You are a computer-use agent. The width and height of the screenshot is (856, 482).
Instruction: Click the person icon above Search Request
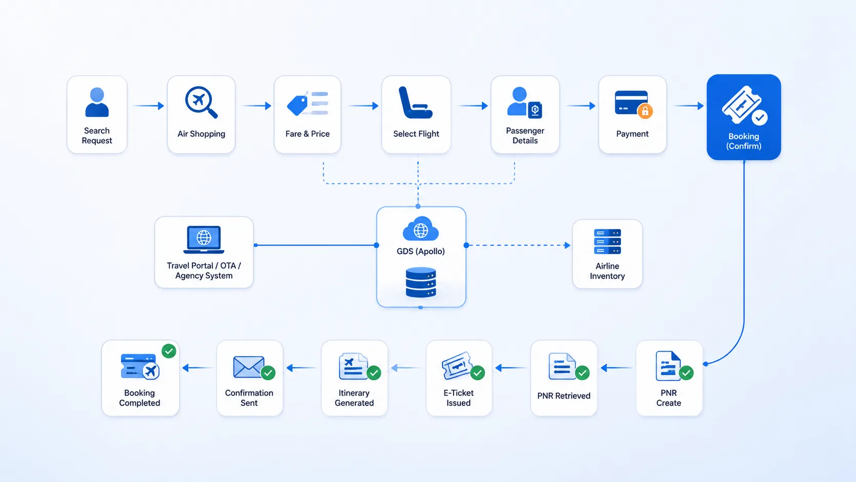(97, 102)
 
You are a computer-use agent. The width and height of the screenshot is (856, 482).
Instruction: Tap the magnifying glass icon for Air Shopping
(201, 102)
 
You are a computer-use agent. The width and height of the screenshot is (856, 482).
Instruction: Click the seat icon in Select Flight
(415, 102)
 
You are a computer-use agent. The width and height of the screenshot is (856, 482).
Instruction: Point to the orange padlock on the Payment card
(645, 111)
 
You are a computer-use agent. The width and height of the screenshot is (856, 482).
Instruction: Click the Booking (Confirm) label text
(744, 141)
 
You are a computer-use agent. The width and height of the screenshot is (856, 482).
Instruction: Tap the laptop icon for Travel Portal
(204, 240)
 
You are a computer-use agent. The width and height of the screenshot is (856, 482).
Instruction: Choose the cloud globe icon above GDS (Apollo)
(420, 228)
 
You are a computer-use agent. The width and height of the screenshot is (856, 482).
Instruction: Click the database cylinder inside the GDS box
(421, 282)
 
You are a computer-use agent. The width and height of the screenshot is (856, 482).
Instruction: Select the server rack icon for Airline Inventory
(607, 242)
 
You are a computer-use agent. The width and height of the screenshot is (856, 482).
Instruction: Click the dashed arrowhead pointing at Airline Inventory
(567, 245)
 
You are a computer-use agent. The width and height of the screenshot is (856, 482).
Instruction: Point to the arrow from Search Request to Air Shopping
(148, 106)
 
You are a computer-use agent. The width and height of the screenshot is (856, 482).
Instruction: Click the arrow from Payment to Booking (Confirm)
(689, 106)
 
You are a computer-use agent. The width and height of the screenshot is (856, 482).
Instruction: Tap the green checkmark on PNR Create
(687, 373)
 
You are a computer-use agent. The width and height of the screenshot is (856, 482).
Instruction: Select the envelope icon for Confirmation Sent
(248, 367)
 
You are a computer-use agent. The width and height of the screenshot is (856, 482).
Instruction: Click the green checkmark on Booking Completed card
(168, 351)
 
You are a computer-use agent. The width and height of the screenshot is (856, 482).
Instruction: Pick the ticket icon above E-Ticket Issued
(456, 365)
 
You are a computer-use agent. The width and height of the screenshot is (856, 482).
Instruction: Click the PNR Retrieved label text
(564, 395)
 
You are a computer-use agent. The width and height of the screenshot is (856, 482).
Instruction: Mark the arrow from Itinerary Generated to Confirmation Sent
(302, 368)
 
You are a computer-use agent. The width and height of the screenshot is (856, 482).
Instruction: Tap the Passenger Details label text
(525, 136)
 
